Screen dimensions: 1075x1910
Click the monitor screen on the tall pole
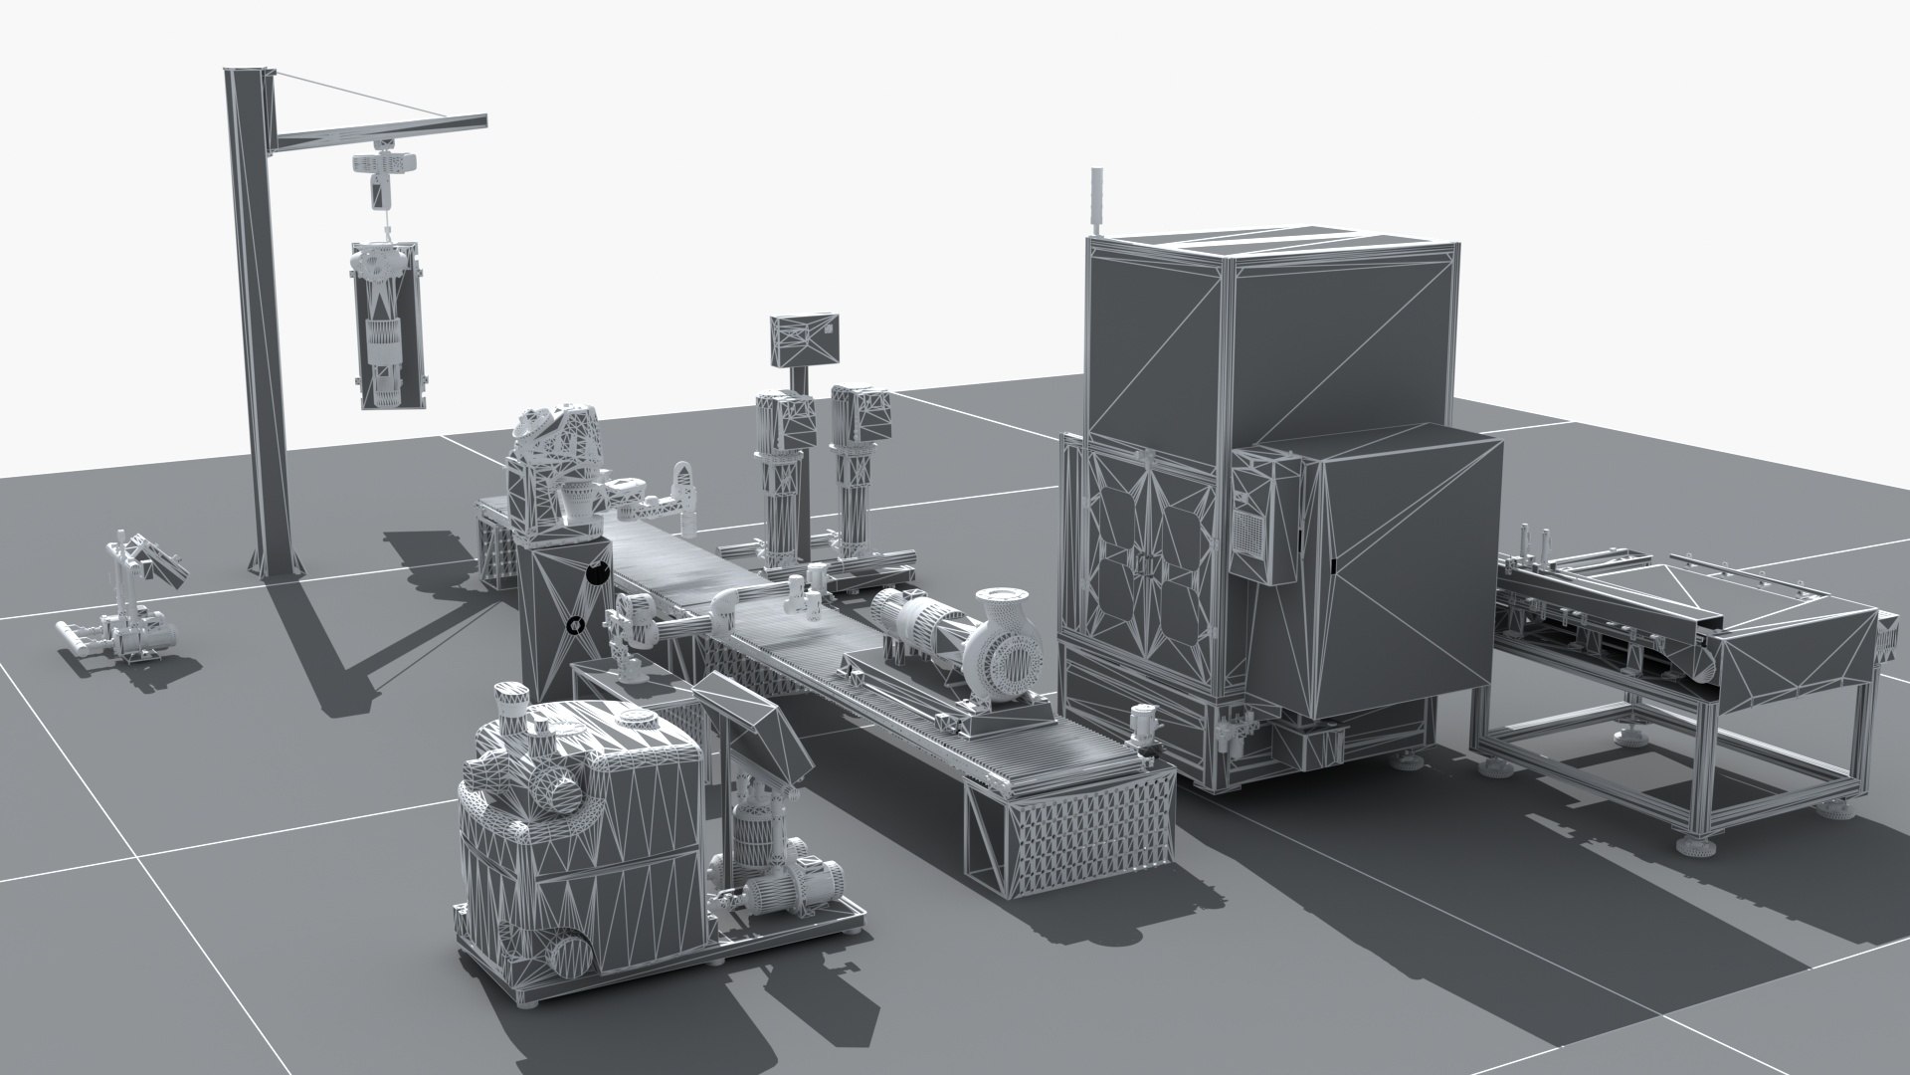[805, 340]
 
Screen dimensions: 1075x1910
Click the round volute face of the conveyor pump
[1018, 659]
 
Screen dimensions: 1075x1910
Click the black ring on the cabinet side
[574, 625]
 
